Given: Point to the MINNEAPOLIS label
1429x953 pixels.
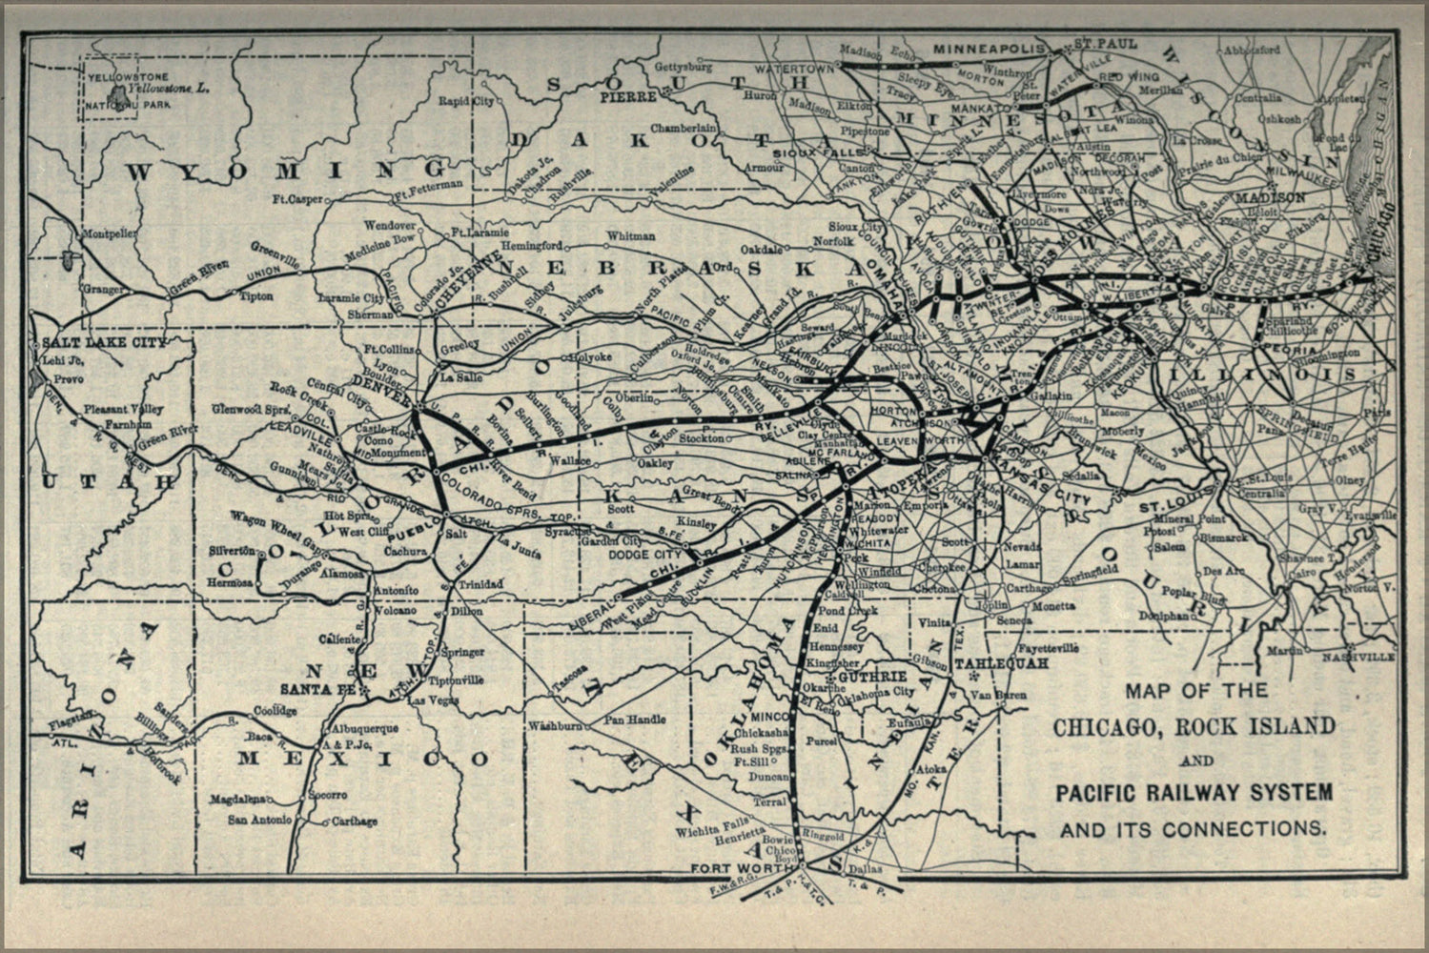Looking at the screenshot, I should pos(984,48).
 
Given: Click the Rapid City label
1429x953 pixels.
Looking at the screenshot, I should pos(466,100).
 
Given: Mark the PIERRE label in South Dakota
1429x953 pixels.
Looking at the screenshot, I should pos(627,97).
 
